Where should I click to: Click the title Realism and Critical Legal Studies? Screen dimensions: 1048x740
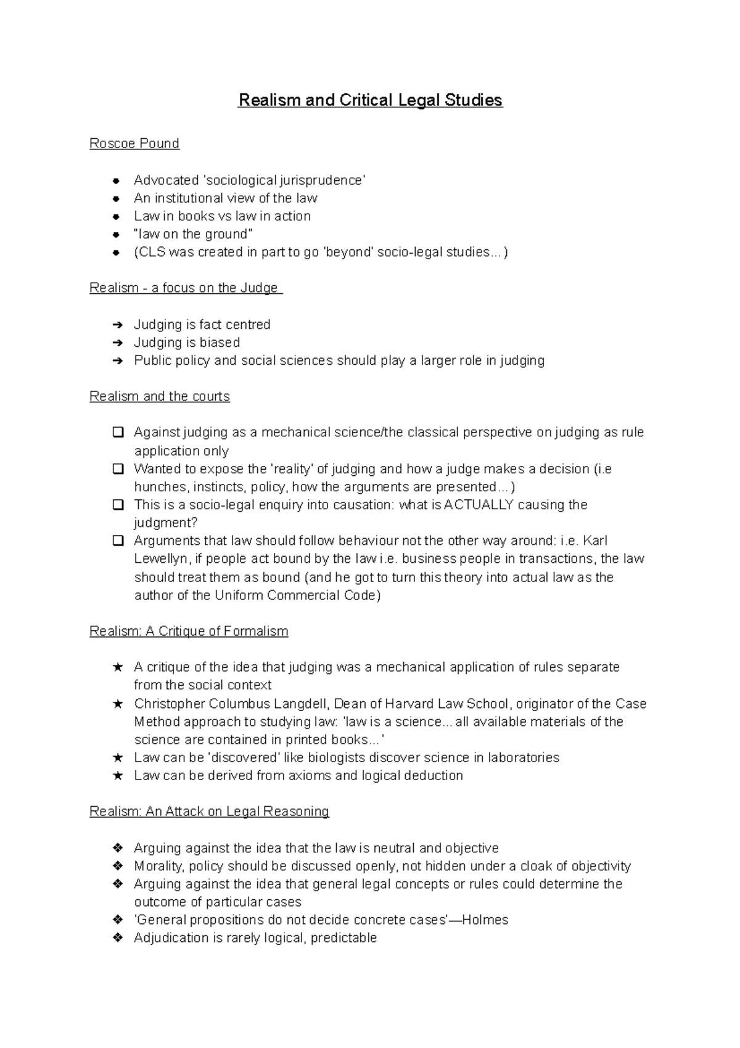370,100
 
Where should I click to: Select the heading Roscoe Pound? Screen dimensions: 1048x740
134,143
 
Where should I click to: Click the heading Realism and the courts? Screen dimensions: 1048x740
159,396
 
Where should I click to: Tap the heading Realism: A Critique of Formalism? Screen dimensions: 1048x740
189,631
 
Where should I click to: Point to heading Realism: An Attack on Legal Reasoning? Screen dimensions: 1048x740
209,811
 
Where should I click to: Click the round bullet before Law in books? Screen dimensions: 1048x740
115,217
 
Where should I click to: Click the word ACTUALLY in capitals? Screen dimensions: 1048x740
479,505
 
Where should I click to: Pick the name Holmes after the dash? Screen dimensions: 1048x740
485,920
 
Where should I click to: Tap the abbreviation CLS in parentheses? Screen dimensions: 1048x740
150,252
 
